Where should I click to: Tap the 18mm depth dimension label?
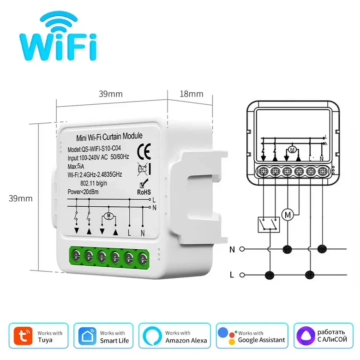[x=191, y=94]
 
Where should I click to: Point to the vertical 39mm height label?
[x=22, y=198]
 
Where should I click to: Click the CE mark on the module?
[x=143, y=150]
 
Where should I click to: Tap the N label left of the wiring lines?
[x=232, y=249]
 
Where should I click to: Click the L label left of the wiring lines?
[x=232, y=275]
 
